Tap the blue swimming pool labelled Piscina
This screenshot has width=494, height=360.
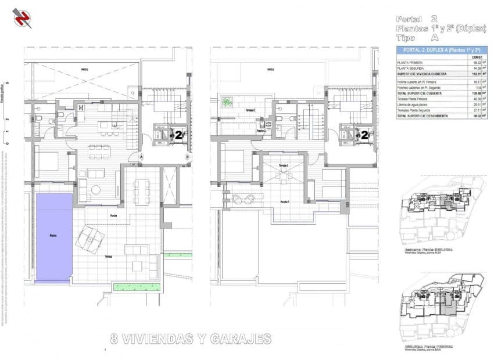(54, 237)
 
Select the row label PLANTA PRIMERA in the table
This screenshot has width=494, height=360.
(410, 63)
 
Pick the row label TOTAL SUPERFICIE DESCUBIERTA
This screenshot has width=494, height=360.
(423, 116)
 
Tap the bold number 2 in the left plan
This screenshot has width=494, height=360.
(179, 136)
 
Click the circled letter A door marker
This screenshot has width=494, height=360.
(141, 156)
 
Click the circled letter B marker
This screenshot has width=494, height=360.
(187, 156)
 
